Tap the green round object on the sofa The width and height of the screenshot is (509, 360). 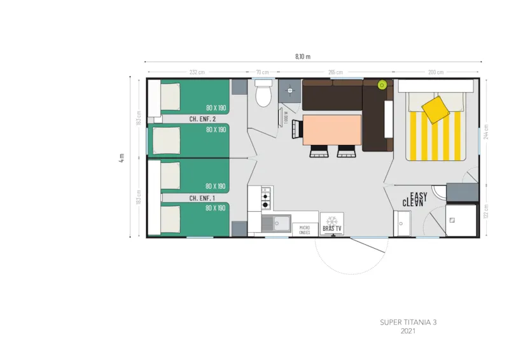(x=382, y=85)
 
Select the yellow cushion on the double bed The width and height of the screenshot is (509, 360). (x=436, y=108)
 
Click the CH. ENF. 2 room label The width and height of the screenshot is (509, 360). (x=202, y=119)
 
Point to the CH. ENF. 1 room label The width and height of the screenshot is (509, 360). (x=202, y=198)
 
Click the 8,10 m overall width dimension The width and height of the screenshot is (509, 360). (x=303, y=57)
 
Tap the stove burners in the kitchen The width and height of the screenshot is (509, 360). (x=266, y=198)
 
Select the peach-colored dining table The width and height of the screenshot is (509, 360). (x=331, y=130)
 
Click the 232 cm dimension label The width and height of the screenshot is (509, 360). (x=197, y=73)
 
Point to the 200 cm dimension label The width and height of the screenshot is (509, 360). (x=436, y=73)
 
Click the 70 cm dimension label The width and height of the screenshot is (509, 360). (x=262, y=73)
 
